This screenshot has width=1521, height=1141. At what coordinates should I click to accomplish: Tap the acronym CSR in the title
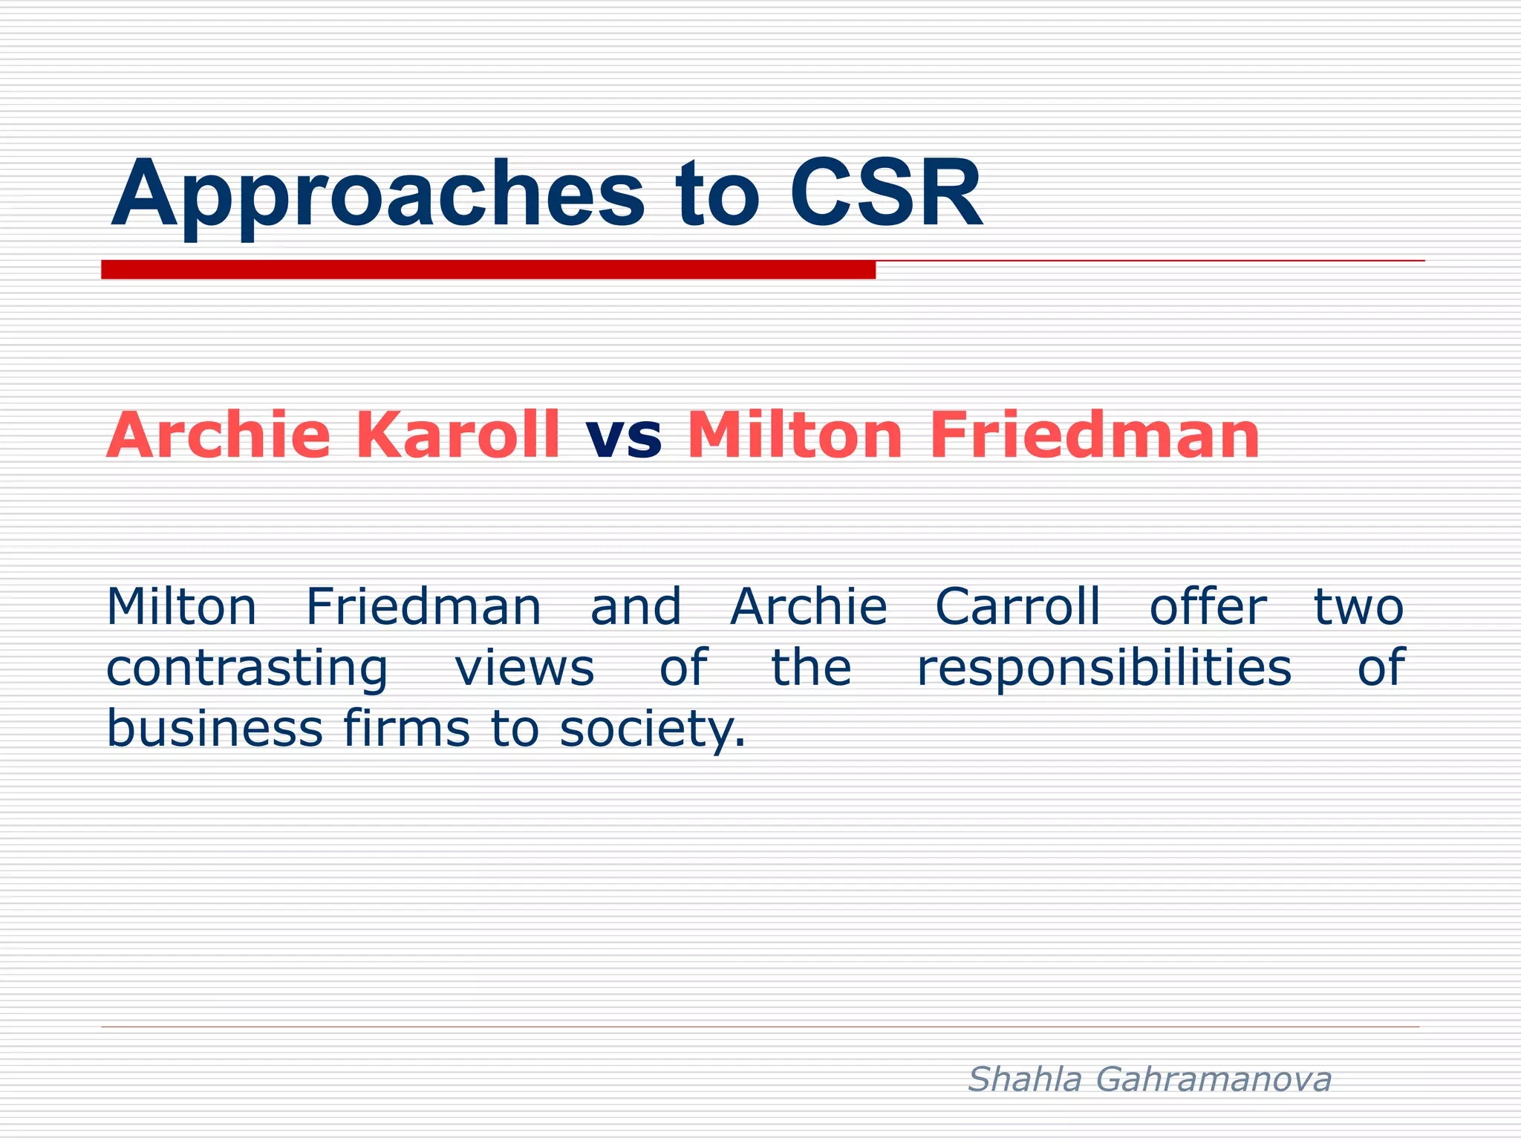click(885, 195)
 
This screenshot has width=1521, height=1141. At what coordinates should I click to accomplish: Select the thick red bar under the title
click(488, 270)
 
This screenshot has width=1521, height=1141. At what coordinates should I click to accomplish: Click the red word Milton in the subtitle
click(795, 436)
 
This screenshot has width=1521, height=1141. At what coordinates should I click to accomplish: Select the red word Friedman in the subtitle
click(1094, 436)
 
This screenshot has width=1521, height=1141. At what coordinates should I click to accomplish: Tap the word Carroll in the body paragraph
click(1017, 607)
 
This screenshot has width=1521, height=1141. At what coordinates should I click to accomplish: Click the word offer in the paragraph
click(1207, 607)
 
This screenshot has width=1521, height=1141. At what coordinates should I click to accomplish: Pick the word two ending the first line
click(1358, 607)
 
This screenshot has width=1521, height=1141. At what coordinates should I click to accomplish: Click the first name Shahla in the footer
click(1025, 1079)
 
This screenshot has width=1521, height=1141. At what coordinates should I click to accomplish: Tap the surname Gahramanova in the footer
click(1214, 1079)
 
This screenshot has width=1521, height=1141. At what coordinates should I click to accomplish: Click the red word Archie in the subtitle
click(218, 436)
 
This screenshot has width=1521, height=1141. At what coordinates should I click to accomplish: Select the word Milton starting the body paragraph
click(181, 607)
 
